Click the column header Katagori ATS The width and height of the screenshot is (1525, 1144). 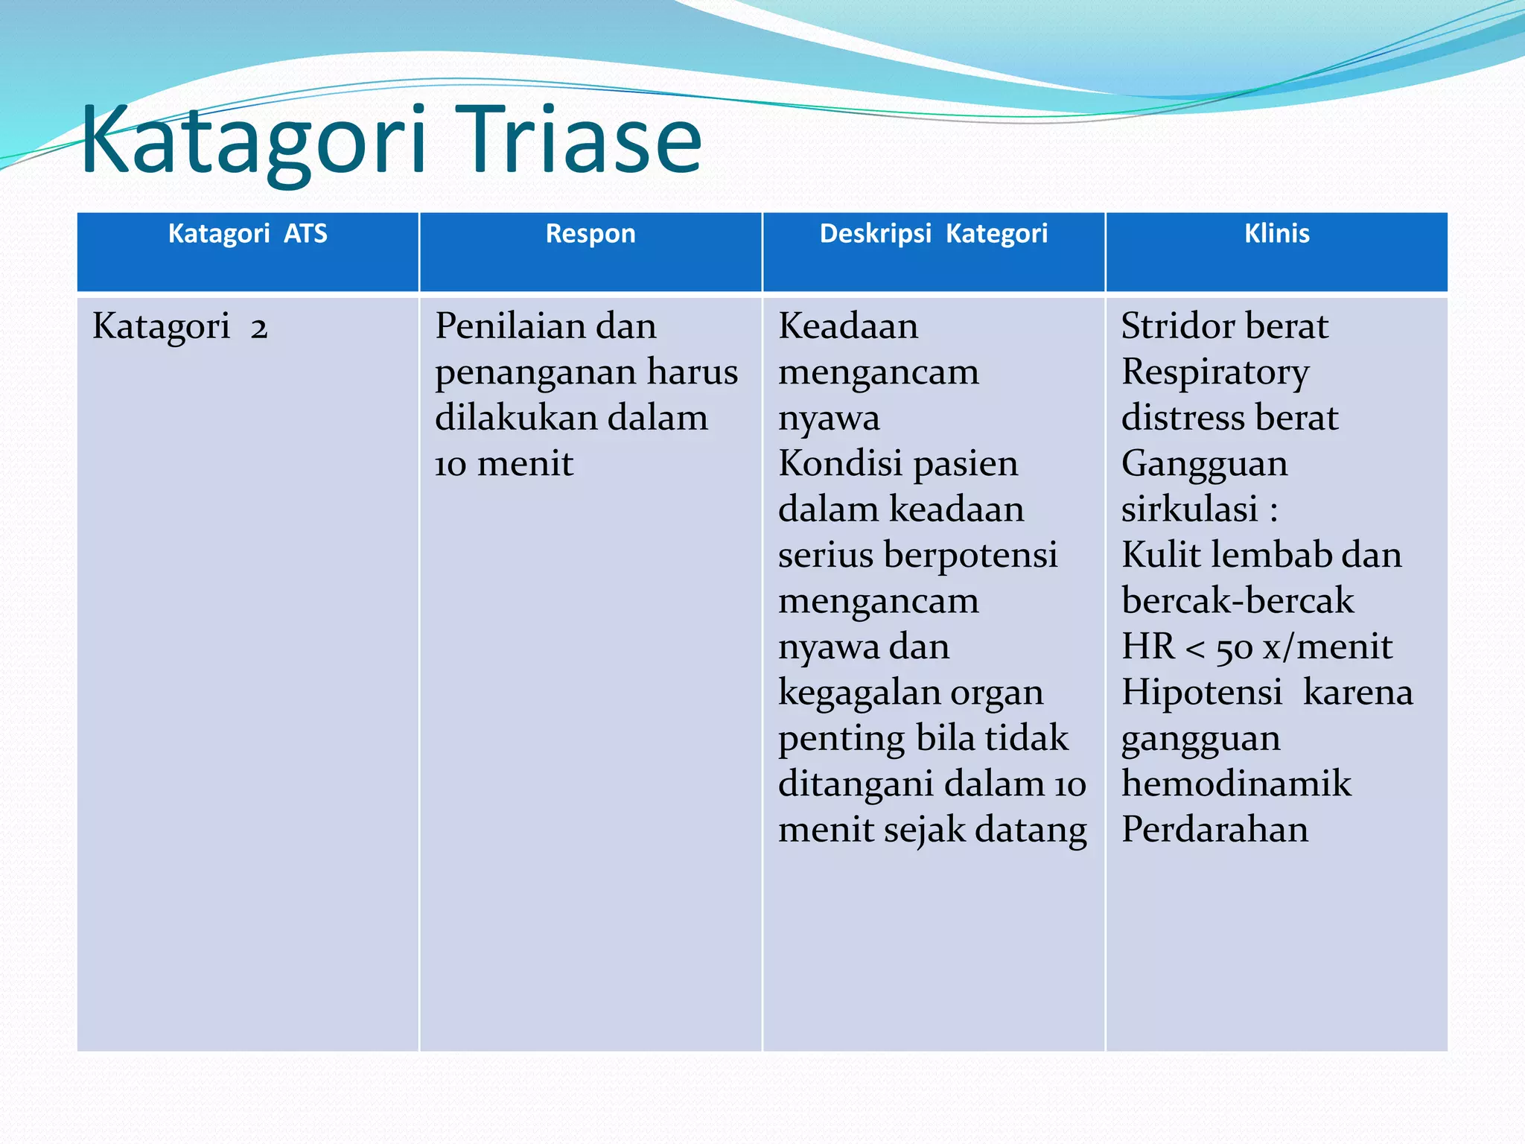(x=247, y=234)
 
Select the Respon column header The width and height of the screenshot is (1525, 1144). (x=590, y=234)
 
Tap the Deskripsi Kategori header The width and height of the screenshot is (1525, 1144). (x=933, y=234)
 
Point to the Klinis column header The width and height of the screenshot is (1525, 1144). (x=1276, y=234)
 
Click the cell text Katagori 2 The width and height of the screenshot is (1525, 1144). (x=179, y=327)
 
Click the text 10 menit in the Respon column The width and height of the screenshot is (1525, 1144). (x=504, y=464)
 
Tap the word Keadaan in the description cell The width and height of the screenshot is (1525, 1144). (x=848, y=327)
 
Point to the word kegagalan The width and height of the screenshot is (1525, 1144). (x=847, y=693)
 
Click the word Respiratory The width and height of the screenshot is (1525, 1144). (x=1215, y=372)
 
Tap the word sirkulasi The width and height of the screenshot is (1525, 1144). (x=1189, y=510)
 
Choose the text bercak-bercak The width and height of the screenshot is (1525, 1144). (x=1238, y=601)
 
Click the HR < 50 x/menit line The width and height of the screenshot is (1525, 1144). (x=1256, y=647)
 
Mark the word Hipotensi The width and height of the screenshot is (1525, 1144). (x=1201, y=693)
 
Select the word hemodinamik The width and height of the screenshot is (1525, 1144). (x=1236, y=784)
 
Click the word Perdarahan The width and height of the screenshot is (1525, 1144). (x=1214, y=830)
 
